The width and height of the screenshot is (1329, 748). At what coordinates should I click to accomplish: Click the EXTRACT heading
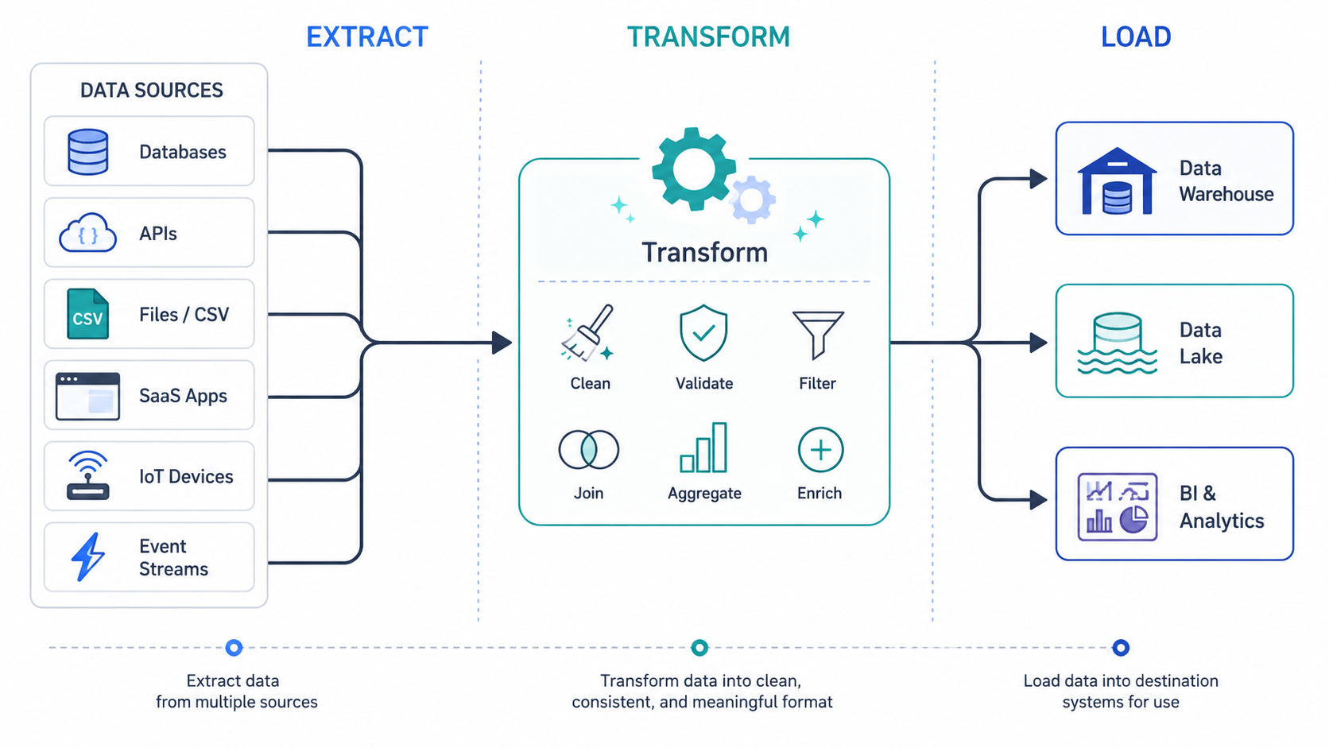(366, 37)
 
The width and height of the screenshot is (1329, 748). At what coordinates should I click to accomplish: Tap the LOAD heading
(1136, 37)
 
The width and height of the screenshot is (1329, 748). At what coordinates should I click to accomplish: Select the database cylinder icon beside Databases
(87, 152)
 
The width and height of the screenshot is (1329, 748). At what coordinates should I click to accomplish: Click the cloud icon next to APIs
(87, 233)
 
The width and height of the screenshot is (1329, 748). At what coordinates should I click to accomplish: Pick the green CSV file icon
(87, 314)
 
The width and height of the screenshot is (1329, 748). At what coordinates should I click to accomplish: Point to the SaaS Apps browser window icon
(87, 396)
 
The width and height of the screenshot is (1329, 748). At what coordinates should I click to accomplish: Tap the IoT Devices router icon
(87, 475)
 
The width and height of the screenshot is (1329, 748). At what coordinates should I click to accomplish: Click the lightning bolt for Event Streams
(87, 556)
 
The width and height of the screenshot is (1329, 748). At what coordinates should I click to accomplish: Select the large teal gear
(694, 169)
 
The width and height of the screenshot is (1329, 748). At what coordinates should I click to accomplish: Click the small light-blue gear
(752, 200)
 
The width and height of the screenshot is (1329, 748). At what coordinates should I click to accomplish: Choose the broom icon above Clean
(587, 333)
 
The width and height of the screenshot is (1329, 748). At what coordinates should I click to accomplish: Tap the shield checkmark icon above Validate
(703, 333)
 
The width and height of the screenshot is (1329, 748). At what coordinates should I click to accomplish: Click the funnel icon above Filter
(818, 334)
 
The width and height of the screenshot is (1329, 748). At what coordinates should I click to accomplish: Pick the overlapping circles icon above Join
(588, 450)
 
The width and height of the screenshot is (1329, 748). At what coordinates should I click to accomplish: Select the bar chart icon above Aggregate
(703, 448)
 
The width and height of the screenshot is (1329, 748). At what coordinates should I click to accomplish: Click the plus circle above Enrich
(820, 450)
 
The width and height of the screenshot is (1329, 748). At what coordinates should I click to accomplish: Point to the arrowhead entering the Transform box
(502, 343)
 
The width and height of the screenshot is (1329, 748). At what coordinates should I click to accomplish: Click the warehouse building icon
(1118, 180)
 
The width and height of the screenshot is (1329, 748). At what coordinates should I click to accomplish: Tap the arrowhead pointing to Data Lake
(1038, 343)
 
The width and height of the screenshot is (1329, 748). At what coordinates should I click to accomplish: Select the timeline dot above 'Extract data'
(234, 647)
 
